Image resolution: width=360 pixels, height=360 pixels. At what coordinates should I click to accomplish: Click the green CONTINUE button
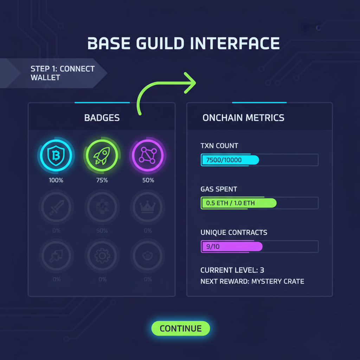click(x=181, y=328)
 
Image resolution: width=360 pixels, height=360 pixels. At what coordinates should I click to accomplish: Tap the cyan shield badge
click(x=56, y=155)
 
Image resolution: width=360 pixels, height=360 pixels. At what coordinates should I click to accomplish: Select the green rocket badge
click(x=102, y=155)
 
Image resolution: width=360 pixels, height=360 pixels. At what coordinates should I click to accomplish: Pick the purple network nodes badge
click(x=148, y=155)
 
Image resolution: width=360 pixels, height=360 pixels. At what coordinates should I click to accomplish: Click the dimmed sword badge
click(x=56, y=207)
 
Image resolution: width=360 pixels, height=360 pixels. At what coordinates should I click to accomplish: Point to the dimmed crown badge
click(x=148, y=207)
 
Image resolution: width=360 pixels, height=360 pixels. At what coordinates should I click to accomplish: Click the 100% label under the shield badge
click(x=56, y=180)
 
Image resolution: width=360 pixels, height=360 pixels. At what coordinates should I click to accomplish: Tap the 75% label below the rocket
click(x=102, y=180)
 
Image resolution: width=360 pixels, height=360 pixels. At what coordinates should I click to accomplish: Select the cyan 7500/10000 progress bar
click(x=230, y=160)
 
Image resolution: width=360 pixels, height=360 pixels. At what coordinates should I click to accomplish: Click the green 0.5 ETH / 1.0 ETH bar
click(x=238, y=203)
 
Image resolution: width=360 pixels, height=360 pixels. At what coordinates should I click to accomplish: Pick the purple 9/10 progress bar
click(x=232, y=246)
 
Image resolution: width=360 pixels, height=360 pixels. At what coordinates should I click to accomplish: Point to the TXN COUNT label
click(x=219, y=146)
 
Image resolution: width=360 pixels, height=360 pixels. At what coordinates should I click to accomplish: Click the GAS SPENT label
click(x=219, y=189)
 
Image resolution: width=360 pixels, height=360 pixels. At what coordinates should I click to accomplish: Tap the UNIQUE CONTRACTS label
click(x=234, y=233)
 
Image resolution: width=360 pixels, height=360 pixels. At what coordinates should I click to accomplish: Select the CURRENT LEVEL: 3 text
click(x=232, y=270)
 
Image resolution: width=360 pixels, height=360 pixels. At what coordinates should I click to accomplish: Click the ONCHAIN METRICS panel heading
click(x=243, y=118)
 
